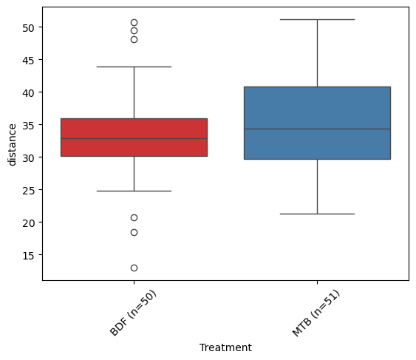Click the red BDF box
[x=134, y=137]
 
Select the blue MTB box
[x=317, y=123]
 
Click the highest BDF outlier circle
[x=134, y=22]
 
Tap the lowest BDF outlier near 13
[x=134, y=268]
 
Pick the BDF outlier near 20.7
[x=134, y=217]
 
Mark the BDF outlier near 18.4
[x=134, y=232]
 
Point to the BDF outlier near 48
[x=134, y=40]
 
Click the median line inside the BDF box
[x=134, y=138]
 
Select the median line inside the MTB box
[x=317, y=129]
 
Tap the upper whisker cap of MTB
[x=317, y=19]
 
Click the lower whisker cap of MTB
[x=317, y=214]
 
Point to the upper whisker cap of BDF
[x=134, y=67]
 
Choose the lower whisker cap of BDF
[x=134, y=191]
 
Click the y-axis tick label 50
[x=28, y=27]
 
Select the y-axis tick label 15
[x=28, y=255]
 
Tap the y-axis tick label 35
[x=28, y=126]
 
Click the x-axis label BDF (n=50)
[x=133, y=313]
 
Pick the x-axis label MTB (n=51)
[x=316, y=313]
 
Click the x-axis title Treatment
[x=225, y=347]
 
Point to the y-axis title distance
[x=13, y=145]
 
